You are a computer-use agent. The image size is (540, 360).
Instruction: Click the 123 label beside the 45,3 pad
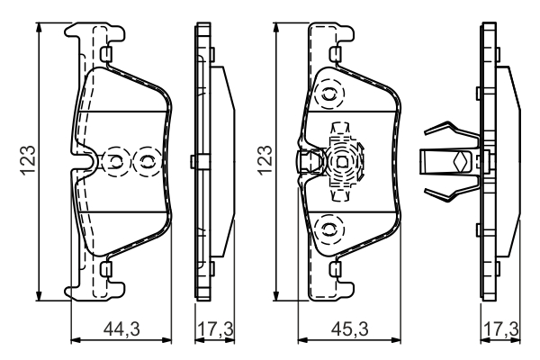(265, 161)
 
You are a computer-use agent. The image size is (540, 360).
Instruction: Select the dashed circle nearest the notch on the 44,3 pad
(116, 162)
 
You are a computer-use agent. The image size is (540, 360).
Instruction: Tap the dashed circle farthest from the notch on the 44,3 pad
(144, 162)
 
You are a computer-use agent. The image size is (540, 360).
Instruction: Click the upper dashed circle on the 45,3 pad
(328, 93)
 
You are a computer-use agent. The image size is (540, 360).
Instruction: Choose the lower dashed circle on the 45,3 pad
(328, 227)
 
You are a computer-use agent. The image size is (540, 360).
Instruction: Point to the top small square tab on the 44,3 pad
(106, 56)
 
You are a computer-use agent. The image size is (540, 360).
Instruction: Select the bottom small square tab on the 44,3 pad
(106, 267)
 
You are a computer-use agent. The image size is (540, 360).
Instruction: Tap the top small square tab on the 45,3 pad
(335, 56)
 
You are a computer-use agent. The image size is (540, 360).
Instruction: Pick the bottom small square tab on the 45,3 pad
(335, 267)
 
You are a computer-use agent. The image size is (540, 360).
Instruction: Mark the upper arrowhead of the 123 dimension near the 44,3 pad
(40, 28)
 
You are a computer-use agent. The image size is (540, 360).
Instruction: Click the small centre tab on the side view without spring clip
(195, 162)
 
